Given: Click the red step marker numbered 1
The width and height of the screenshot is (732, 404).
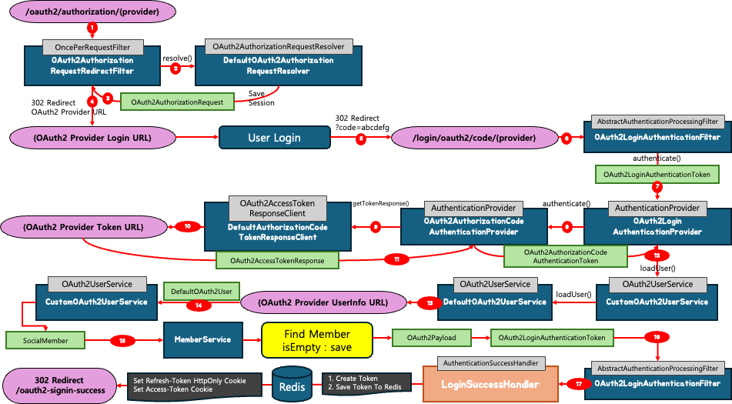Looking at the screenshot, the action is coord(92,28).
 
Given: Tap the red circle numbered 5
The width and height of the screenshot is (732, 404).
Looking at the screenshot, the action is coord(361,139).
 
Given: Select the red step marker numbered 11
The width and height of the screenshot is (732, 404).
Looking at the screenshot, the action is coord(397,259).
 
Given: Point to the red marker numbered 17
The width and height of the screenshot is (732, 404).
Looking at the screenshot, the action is coord(579,385).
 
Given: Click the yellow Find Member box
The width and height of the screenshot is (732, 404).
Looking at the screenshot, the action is coord(317,341).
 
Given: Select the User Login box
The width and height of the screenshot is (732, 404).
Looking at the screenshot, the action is coord(275,138).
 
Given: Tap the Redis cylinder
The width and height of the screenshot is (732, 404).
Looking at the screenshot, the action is coord(292,383).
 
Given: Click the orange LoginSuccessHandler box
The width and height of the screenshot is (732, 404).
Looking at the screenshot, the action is coord(490,384).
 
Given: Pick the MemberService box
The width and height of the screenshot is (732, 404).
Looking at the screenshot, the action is coord(203,339).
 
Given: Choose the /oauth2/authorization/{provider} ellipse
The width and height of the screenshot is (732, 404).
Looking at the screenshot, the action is coord(92,12).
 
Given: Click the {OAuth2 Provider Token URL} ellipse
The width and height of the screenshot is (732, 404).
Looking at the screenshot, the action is coord(83,228).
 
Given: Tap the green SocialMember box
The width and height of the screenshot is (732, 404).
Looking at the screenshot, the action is coord(45,341).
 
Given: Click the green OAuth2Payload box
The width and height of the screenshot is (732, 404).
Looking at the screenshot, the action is coord(431,338).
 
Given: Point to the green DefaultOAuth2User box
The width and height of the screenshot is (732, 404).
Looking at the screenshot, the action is coord(201,292).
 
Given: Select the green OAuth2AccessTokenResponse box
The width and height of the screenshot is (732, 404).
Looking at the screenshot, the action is coord(277,260).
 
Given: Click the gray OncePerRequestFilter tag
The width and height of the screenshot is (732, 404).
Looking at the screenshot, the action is coord(92,47).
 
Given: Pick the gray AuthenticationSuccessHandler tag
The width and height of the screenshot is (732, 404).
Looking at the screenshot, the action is coord(490,363).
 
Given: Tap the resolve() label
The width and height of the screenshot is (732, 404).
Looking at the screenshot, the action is coord(177,58).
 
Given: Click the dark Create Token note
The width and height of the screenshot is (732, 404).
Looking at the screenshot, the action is coord(367,383).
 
